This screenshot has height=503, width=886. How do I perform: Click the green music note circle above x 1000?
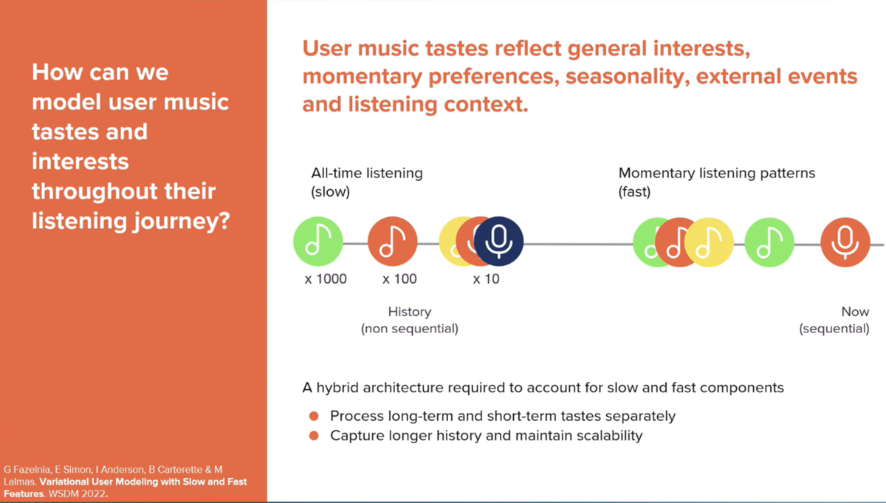(x=318, y=242)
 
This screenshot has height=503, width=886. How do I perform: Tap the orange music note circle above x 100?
(x=392, y=242)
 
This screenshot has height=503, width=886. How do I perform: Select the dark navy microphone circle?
(x=498, y=241)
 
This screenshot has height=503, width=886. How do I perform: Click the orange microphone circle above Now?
(x=845, y=242)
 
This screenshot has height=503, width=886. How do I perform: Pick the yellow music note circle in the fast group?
(x=709, y=242)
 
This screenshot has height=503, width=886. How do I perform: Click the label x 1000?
(x=326, y=279)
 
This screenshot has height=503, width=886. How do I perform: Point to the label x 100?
(x=399, y=279)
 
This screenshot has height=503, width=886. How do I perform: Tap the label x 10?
(x=486, y=279)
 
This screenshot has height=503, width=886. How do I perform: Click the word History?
(x=409, y=312)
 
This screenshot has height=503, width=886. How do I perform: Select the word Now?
(x=855, y=312)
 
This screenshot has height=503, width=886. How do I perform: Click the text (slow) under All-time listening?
(x=330, y=192)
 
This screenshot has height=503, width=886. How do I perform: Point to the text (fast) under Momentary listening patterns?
(x=634, y=192)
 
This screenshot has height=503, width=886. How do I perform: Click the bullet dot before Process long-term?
(x=314, y=416)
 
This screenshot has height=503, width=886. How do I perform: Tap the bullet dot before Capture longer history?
(x=314, y=436)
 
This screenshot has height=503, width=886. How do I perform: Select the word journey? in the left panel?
(x=182, y=221)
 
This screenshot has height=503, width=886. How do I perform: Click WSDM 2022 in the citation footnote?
(x=77, y=494)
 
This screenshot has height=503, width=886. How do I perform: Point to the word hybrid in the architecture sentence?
(x=337, y=388)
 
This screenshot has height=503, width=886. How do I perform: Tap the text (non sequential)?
(x=409, y=329)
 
